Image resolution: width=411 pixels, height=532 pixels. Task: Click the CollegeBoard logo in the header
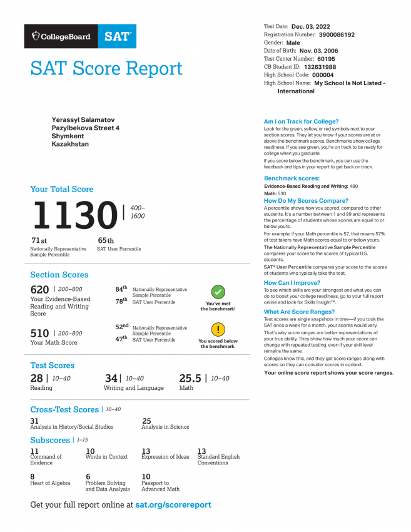click(61, 36)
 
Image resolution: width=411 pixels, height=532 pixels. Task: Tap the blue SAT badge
click(117, 36)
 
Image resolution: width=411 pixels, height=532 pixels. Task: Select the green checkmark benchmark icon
click(218, 291)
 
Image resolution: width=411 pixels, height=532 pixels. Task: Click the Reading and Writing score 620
click(39, 290)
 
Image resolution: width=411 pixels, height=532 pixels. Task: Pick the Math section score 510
click(39, 334)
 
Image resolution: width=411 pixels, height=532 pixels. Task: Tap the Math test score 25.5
click(190, 378)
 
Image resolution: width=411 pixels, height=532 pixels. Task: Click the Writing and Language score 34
click(111, 378)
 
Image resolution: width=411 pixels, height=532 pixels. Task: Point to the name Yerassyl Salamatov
click(83, 120)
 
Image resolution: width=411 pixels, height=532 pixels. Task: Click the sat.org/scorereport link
click(173, 504)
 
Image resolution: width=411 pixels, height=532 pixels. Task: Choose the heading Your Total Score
click(61, 189)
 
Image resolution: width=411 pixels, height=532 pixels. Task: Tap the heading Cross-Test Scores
click(64, 409)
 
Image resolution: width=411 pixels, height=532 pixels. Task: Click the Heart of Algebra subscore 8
click(33, 476)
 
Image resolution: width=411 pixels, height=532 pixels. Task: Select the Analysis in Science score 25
click(146, 421)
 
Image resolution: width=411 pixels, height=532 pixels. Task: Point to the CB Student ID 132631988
click(320, 67)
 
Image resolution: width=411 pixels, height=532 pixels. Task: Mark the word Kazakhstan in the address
click(70, 144)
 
